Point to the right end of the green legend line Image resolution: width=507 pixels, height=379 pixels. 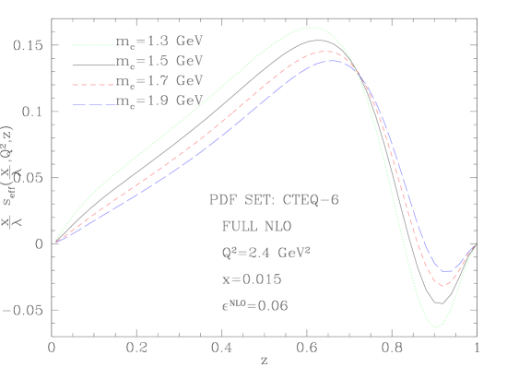coord(113,44)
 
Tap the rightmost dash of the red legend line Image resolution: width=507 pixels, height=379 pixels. coord(110,85)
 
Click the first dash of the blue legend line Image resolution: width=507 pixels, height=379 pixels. coord(78,105)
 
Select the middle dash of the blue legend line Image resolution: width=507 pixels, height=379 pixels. coord(93,105)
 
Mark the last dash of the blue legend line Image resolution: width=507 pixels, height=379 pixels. coord(108,105)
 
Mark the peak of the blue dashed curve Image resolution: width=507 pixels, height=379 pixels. coord(332,60)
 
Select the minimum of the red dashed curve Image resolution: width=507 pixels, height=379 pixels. coord(443,286)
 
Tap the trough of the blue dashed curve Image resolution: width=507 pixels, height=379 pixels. coord(446,272)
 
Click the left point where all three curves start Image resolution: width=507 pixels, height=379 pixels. coord(56,242)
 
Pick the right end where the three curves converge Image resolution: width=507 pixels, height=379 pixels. coord(475,245)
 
